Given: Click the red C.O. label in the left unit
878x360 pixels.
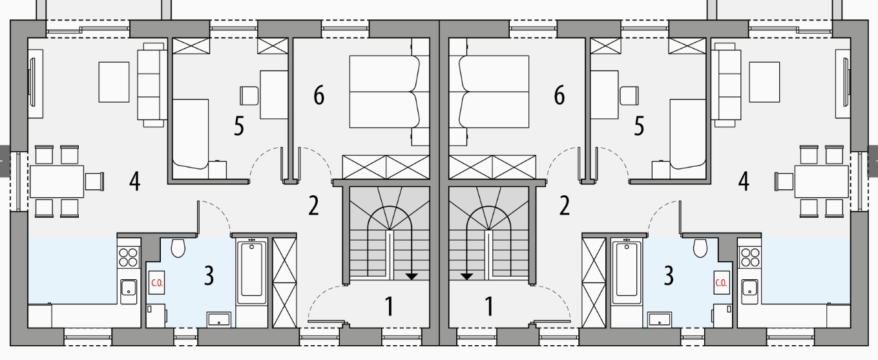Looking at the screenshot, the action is tap(157, 282).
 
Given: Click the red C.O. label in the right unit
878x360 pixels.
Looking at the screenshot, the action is tap(721, 282).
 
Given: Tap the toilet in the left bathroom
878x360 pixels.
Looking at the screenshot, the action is tap(178, 248).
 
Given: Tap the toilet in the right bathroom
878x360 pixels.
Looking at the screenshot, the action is tap(700, 248).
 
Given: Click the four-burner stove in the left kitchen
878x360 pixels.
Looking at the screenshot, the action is tap(129, 257).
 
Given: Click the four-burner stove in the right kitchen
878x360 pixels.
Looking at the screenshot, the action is tap(749, 257).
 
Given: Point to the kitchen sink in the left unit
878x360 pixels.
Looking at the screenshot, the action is tap(129, 291).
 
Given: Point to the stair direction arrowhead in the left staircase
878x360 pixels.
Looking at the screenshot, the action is tap(411, 277).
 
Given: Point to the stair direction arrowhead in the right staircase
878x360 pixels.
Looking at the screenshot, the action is tap(466, 277).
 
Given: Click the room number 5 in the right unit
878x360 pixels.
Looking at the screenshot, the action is tap(639, 126).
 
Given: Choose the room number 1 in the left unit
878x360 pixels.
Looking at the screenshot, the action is tap(389, 306).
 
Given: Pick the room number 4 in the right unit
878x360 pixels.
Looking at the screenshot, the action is tap(744, 182).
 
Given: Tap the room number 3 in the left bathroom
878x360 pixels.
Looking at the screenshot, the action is tap(209, 275).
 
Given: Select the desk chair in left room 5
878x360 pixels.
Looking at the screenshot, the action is tap(249, 96).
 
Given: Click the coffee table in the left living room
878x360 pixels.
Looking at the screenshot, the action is tap(114, 82).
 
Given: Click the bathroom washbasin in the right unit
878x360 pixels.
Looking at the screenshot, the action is tap(660, 319).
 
